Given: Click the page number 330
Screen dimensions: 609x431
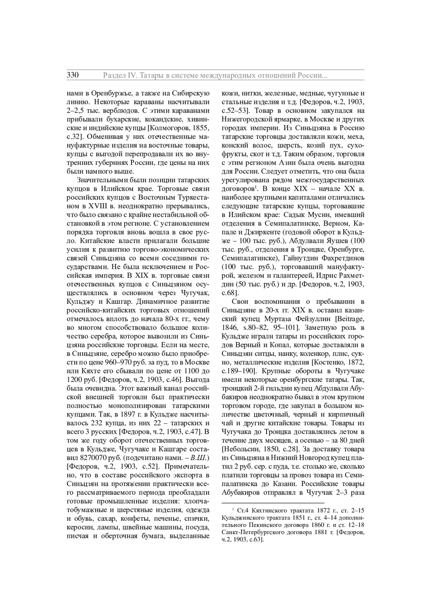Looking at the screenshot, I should [73, 75].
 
